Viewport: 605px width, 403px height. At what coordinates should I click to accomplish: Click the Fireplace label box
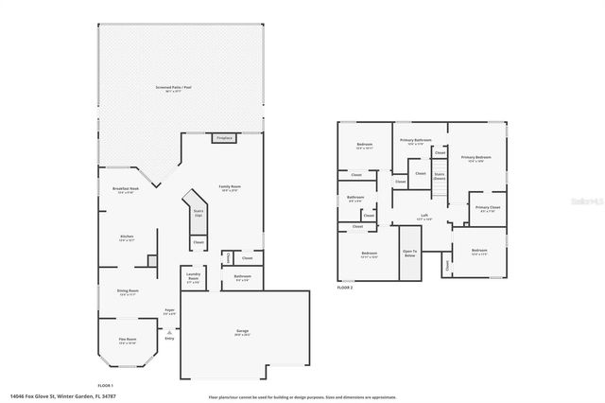tap(223, 138)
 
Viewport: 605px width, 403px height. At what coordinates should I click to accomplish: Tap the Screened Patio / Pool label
tap(173, 88)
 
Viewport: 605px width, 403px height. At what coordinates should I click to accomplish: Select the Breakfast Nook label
tap(126, 190)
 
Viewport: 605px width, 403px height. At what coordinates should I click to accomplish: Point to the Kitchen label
tap(127, 237)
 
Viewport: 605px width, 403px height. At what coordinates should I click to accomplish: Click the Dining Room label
tap(128, 292)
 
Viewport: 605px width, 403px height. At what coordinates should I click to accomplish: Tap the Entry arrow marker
tap(169, 332)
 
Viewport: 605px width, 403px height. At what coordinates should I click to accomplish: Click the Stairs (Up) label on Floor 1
tap(199, 213)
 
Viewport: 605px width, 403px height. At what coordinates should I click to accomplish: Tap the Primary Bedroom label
tap(475, 158)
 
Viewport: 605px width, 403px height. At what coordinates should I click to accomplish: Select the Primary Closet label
tap(488, 208)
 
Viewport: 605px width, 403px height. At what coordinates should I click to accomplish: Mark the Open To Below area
tap(409, 254)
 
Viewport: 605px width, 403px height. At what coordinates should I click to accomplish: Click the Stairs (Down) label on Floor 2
tap(439, 176)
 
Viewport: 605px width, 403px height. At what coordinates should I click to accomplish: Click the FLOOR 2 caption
tap(346, 287)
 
